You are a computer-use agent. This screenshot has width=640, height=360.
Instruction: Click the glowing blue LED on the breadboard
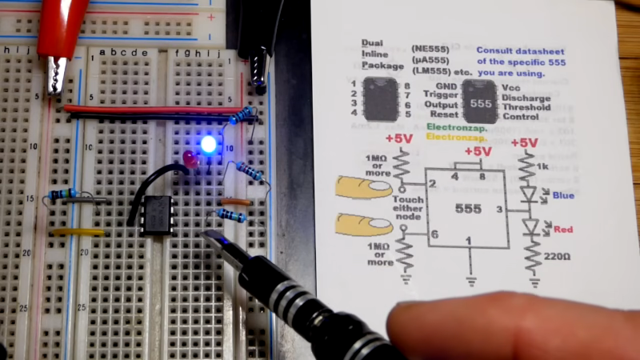(x=209, y=145)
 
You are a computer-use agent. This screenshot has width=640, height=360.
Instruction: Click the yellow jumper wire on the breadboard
(x=78, y=232)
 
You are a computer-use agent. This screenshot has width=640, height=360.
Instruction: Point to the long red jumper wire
(x=152, y=109)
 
